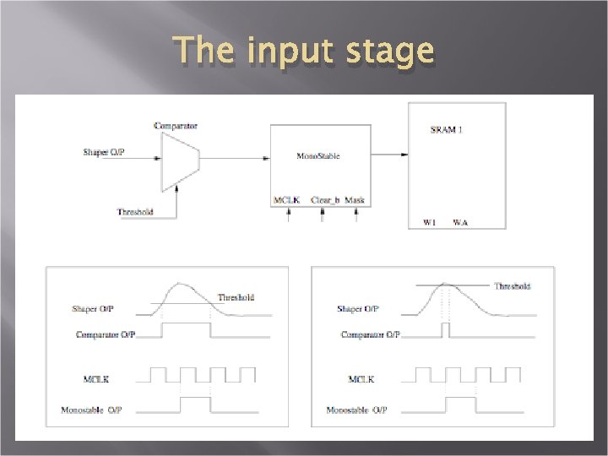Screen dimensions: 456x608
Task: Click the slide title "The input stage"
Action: tap(304, 52)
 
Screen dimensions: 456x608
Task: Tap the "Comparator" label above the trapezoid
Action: tap(176, 126)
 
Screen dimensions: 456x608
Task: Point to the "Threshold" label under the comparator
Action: tap(135, 212)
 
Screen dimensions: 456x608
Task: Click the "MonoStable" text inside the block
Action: tap(319, 156)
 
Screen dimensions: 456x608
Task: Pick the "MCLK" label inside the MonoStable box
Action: tap(287, 200)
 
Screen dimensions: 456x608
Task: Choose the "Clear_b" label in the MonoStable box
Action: tap(324, 200)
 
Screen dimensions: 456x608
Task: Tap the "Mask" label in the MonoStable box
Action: tap(355, 200)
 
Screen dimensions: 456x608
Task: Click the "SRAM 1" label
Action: tap(446, 129)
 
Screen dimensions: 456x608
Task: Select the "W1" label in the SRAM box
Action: tap(429, 222)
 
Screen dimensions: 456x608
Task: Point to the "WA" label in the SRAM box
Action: tap(460, 222)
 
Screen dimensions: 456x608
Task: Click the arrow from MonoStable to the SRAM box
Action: tap(389, 154)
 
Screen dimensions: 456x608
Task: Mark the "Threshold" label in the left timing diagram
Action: tap(236, 297)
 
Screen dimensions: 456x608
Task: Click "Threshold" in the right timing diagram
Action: tap(512, 286)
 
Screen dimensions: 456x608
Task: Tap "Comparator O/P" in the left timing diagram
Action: tap(106, 335)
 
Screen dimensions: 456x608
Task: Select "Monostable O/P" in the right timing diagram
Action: tap(356, 410)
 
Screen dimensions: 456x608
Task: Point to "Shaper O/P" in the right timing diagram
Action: tap(358, 309)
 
